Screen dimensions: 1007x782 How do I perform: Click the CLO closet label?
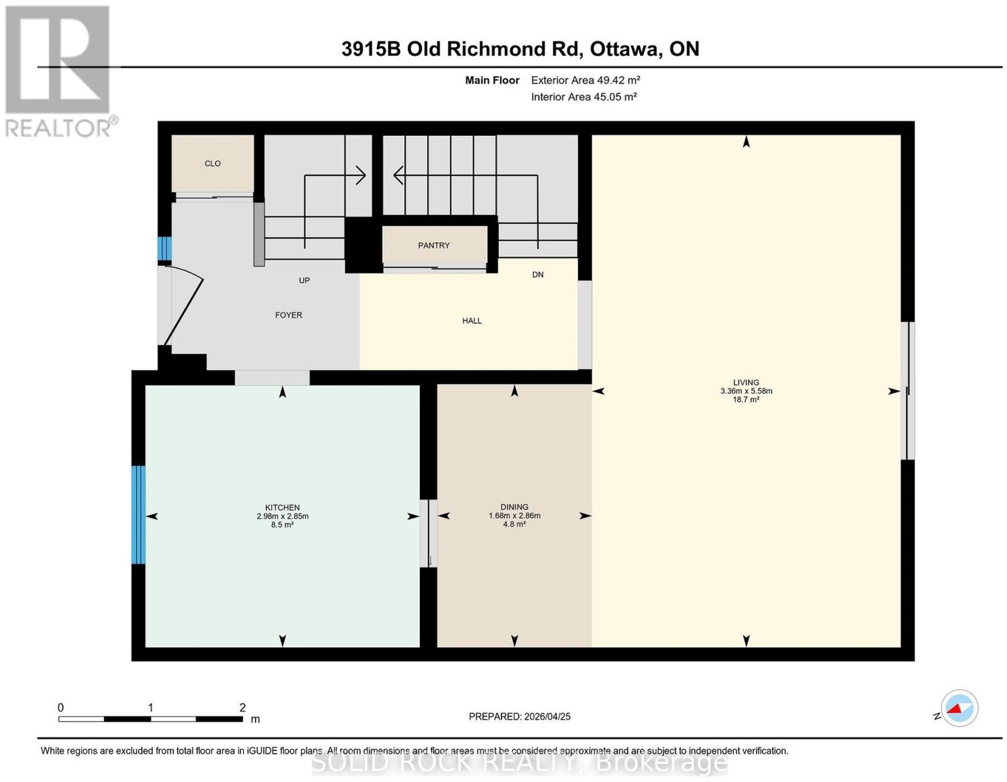(212, 164)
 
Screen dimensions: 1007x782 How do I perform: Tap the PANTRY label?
(434, 245)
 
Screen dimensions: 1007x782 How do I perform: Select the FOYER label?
(288, 315)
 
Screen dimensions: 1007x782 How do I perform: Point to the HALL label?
(472, 320)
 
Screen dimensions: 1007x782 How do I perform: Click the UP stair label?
(304, 280)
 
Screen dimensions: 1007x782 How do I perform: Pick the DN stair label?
(537, 274)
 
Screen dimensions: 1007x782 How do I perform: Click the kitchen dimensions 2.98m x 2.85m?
(283, 517)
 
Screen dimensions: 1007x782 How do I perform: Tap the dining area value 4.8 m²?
(514, 524)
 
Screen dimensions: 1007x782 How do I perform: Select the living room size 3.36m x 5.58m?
(746, 391)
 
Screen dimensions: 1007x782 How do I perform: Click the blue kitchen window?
(138, 515)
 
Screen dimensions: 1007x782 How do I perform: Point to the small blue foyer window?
(164, 249)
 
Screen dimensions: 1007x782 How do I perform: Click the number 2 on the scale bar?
(242, 708)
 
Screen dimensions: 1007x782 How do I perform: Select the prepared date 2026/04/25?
(548, 717)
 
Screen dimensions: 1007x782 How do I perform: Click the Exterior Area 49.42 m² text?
(585, 80)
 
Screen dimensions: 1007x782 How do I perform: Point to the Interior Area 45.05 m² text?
(583, 97)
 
